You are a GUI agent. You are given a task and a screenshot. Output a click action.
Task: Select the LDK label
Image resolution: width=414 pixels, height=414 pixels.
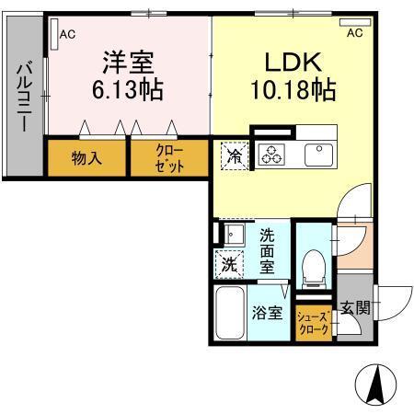[x=292, y=63]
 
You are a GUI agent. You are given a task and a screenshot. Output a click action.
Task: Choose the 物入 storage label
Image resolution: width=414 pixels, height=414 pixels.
[x=87, y=157]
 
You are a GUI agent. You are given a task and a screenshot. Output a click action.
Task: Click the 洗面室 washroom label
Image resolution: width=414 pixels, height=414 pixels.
[x=267, y=250]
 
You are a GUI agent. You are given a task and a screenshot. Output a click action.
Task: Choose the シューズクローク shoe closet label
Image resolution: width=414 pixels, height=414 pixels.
[x=311, y=322]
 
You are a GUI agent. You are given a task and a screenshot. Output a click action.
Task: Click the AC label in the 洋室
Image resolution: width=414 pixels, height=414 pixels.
[x=67, y=35]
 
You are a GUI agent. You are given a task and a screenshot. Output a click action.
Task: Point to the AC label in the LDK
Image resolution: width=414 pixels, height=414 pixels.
[x=354, y=33]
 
